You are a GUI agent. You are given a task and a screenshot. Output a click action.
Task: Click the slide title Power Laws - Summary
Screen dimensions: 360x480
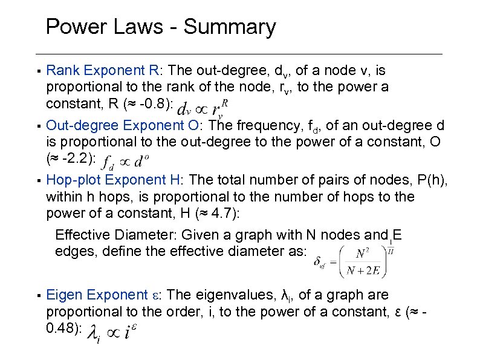pos(160,27)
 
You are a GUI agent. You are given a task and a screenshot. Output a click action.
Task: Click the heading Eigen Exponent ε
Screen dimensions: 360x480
pos(105,295)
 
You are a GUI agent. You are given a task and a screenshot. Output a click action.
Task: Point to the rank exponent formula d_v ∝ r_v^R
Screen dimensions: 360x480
pos(205,108)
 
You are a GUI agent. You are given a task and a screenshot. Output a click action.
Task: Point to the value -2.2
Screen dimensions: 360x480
pos(76,159)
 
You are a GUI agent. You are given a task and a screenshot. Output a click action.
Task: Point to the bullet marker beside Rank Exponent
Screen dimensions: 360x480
pos(38,72)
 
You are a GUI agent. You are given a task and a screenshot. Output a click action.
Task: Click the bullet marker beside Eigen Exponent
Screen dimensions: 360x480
pos(38,296)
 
